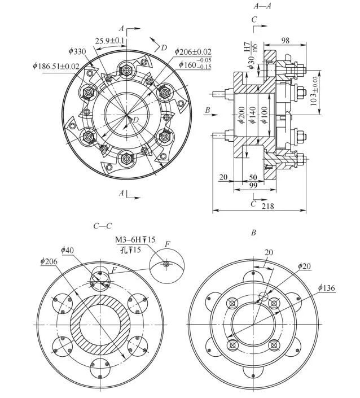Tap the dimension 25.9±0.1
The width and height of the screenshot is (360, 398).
[110, 41]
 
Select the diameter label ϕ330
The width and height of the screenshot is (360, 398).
[77, 51]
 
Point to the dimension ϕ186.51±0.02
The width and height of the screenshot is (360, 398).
[56, 66]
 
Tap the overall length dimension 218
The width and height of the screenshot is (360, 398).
[268, 207]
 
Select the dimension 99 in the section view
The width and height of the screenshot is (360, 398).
[253, 186]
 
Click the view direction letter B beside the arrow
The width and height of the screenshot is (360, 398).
[208, 111]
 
